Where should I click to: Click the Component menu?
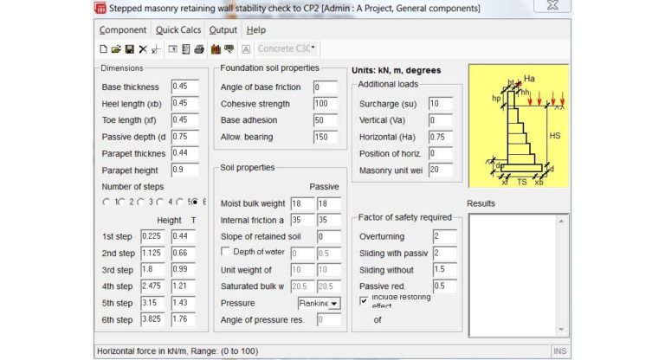(122, 29)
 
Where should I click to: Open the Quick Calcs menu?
(178, 29)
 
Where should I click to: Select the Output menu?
(223, 29)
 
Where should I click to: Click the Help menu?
(256, 29)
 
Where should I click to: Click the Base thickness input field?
(184, 87)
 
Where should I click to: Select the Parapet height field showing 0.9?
(184, 170)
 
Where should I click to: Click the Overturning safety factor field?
(443, 235)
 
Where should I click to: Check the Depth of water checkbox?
(226, 252)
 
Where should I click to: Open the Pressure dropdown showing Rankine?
(320, 303)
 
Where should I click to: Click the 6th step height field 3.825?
(154, 319)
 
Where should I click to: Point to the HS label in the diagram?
(557, 136)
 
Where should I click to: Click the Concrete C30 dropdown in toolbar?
(287, 48)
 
